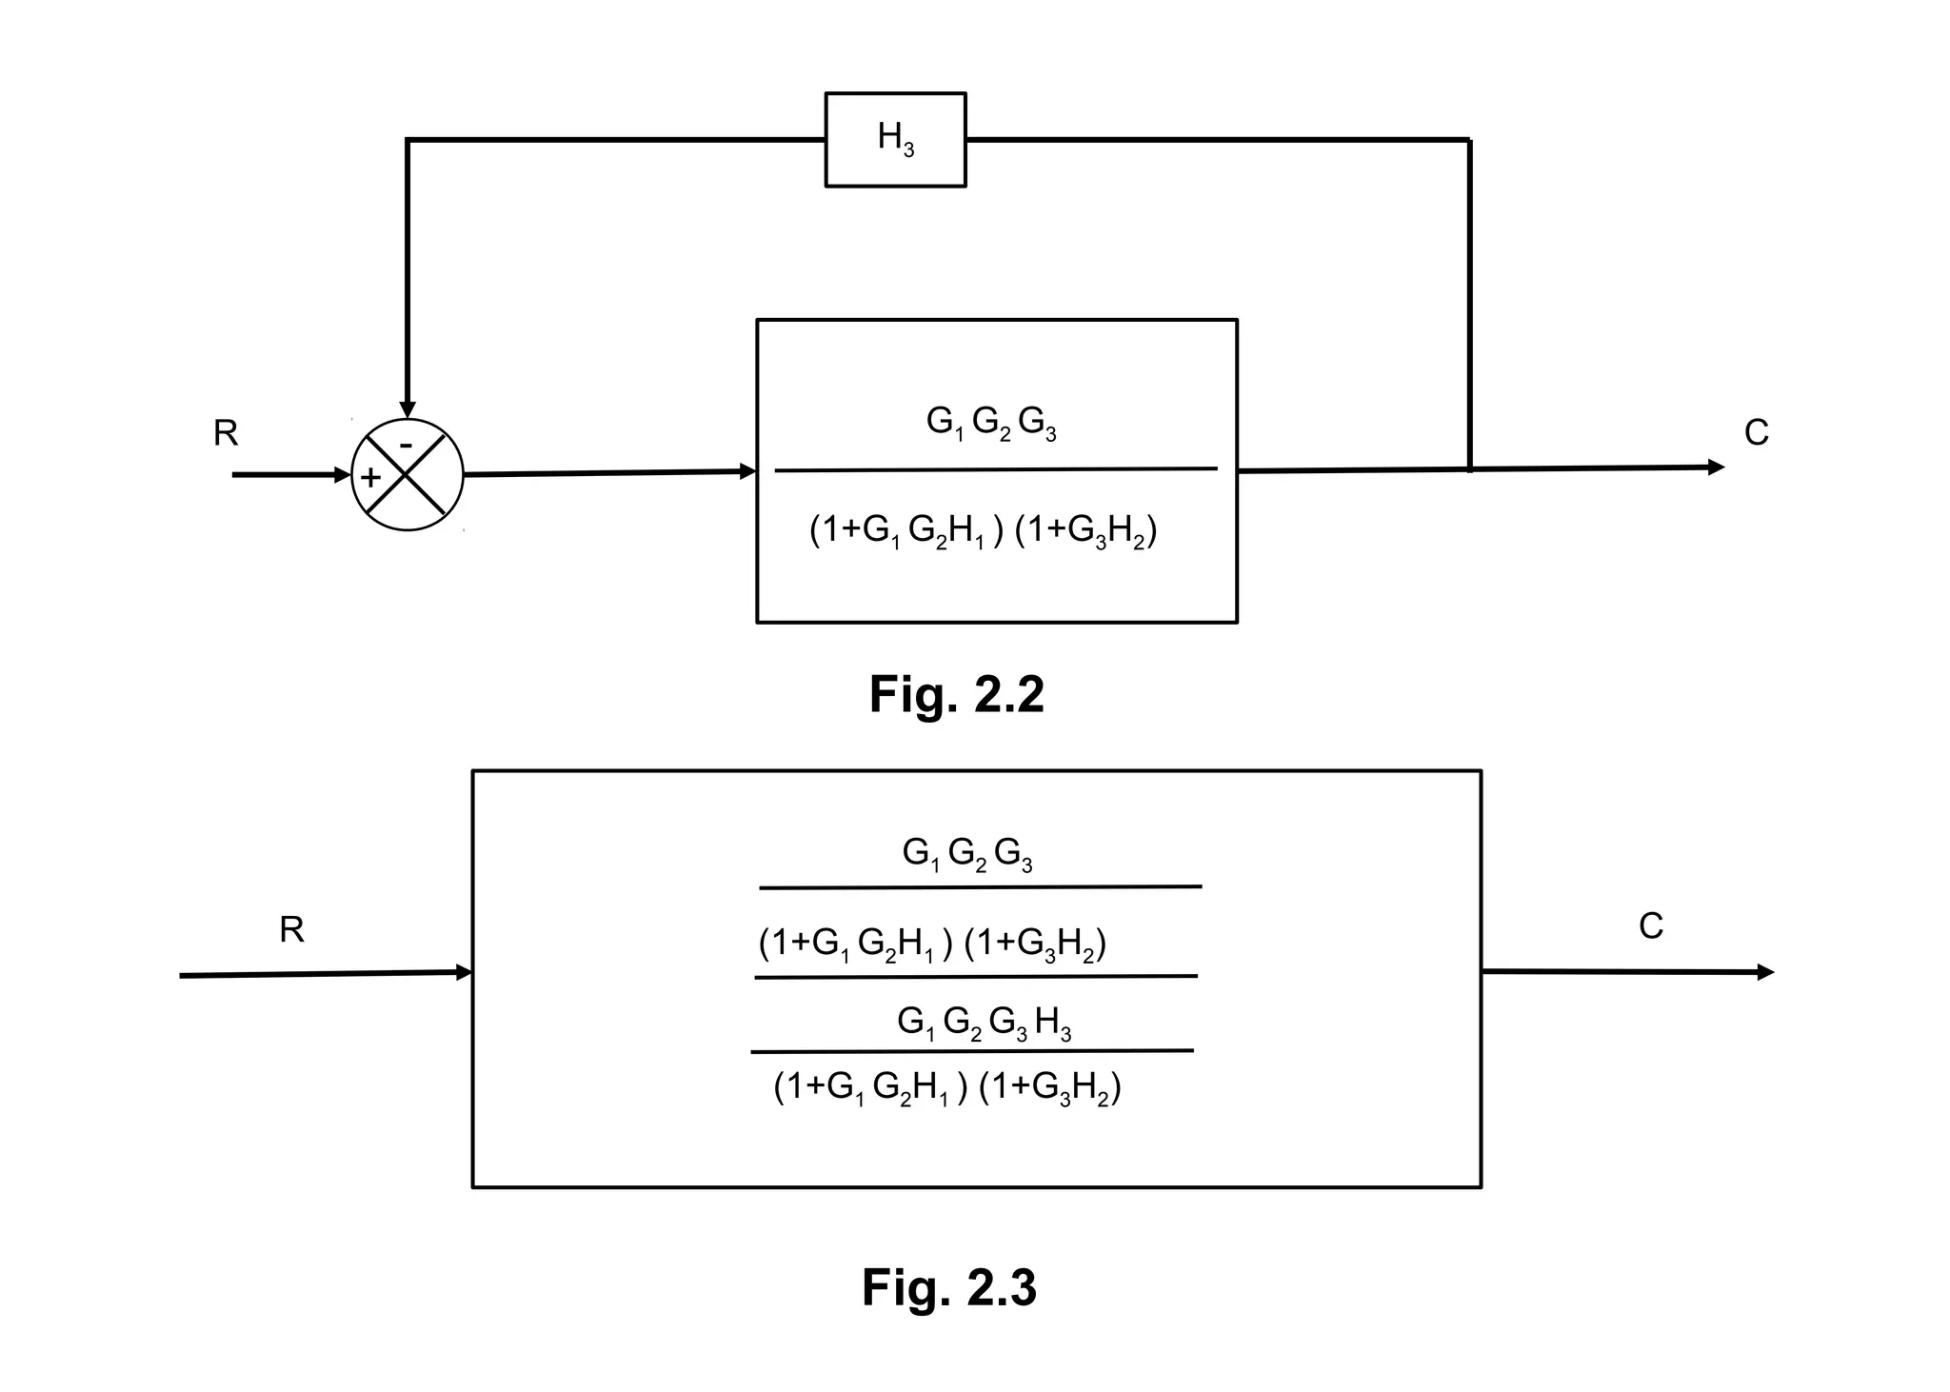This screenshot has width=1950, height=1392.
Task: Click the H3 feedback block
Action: pyautogui.click(x=895, y=139)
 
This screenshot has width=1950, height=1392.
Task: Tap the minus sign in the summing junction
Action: pyautogui.click(x=406, y=445)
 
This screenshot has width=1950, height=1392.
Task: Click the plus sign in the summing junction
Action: pyautogui.click(x=370, y=477)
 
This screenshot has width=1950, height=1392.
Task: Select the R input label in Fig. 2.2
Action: pyautogui.click(x=226, y=433)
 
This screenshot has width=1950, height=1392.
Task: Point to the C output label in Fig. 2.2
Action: pyautogui.click(x=1756, y=433)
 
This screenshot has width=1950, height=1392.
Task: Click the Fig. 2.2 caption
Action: pyautogui.click(x=956, y=694)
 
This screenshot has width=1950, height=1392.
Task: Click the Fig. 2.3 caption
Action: pyautogui.click(x=948, y=1287)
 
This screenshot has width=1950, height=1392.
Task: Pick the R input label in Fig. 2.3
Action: pyautogui.click(x=291, y=929)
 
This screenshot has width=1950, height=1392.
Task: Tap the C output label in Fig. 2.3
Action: pyautogui.click(x=1650, y=926)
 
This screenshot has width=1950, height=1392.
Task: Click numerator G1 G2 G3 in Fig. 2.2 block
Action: pyautogui.click(x=991, y=423)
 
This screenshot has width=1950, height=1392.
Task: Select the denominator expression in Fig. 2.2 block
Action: pyautogui.click(x=983, y=531)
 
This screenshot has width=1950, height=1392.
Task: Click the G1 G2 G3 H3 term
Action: pyautogui.click(x=984, y=1024)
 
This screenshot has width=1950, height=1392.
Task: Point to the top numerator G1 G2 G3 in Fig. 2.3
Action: pyautogui.click(x=967, y=854)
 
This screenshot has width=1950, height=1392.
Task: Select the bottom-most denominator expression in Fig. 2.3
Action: pyautogui.click(x=947, y=1087)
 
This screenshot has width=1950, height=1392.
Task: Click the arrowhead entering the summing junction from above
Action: pyautogui.click(x=408, y=409)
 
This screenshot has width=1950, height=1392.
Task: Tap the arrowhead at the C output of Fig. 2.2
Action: pyautogui.click(x=1716, y=467)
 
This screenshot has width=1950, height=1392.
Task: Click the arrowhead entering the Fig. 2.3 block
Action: pyautogui.click(x=465, y=972)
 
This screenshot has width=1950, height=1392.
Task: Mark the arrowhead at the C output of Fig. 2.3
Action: pyautogui.click(x=1765, y=972)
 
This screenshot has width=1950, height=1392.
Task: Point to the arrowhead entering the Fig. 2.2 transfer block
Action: pyautogui.click(x=748, y=471)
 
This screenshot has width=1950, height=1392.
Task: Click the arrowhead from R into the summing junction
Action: pyautogui.click(x=344, y=474)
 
